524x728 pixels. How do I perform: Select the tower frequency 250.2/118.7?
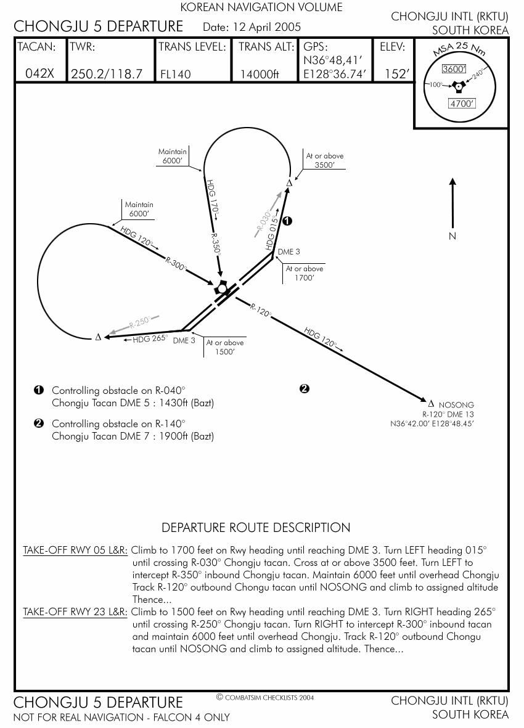[x=107, y=74]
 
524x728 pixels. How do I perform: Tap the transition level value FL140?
[x=176, y=74]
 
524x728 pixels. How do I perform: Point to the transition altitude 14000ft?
[x=260, y=74]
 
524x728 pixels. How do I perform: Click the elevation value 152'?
[x=397, y=74]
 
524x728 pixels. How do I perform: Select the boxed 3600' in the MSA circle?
[x=455, y=70]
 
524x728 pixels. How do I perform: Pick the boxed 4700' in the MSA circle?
[x=462, y=104]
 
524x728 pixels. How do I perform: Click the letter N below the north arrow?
[x=452, y=237]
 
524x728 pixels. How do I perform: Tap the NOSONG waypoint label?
[x=456, y=405]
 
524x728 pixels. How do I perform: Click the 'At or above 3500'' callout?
[x=325, y=160]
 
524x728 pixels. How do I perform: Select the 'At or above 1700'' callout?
[x=305, y=273]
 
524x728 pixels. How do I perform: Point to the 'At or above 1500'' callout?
[x=225, y=347]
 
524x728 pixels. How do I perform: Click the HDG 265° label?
[x=150, y=338]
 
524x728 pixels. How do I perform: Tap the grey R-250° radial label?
[x=140, y=322]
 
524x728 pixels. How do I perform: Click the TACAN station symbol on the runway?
[x=221, y=288]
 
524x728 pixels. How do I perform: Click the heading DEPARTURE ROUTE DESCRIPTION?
[x=256, y=528]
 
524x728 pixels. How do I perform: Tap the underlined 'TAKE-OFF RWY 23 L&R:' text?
[x=75, y=612]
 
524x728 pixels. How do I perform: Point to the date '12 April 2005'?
[x=266, y=27]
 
